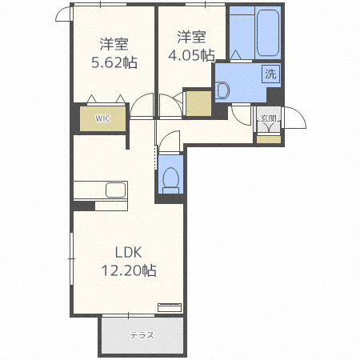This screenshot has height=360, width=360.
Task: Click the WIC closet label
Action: click(x=102, y=118)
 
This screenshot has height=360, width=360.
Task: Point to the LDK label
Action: click(x=127, y=252)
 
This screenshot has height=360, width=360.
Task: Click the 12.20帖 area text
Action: click(x=128, y=270)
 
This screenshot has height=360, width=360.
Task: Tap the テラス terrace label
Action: click(x=142, y=334)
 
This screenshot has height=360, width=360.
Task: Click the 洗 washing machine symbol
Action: click(x=271, y=74)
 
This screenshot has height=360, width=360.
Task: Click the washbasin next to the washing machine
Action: click(x=222, y=90)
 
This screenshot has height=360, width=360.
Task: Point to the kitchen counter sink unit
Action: click(x=101, y=191)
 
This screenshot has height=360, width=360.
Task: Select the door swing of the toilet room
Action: click(x=170, y=141)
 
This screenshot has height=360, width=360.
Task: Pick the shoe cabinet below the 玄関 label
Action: click(x=269, y=139)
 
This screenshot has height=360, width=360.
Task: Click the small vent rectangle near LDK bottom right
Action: click(x=170, y=306)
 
